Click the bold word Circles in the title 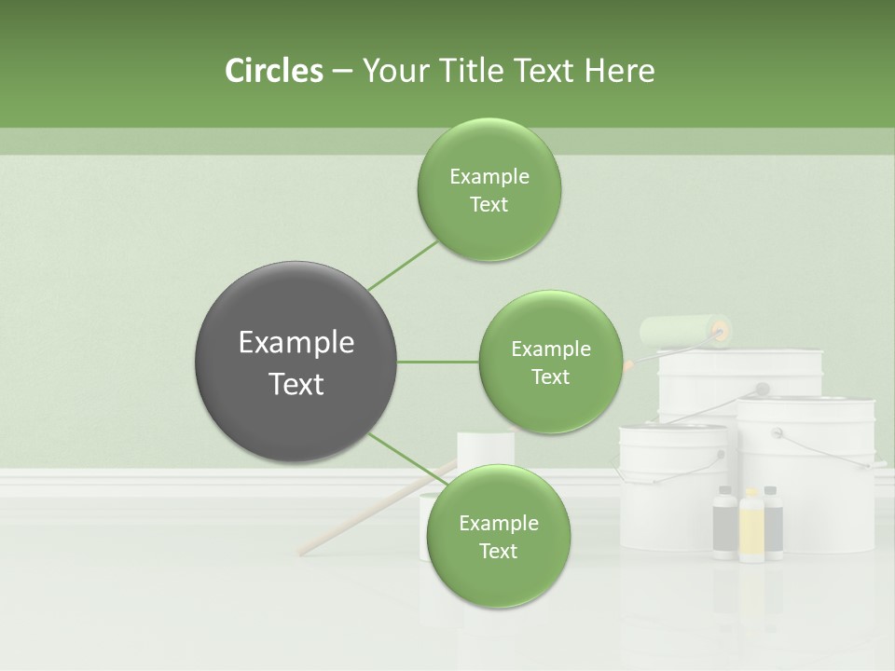tap(274, 71)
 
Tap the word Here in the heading tap(619, 71)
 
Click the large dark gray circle tap(296, 362)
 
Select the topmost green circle tap(489, 189)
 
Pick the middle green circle tap(550, 362)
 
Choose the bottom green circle tap(498, 536)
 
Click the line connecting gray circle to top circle tap(403, 265)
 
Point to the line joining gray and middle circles tap(438, 362)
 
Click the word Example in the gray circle tap(296, 343)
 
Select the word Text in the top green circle tap(489, 204)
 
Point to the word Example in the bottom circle tap(498, 523)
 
